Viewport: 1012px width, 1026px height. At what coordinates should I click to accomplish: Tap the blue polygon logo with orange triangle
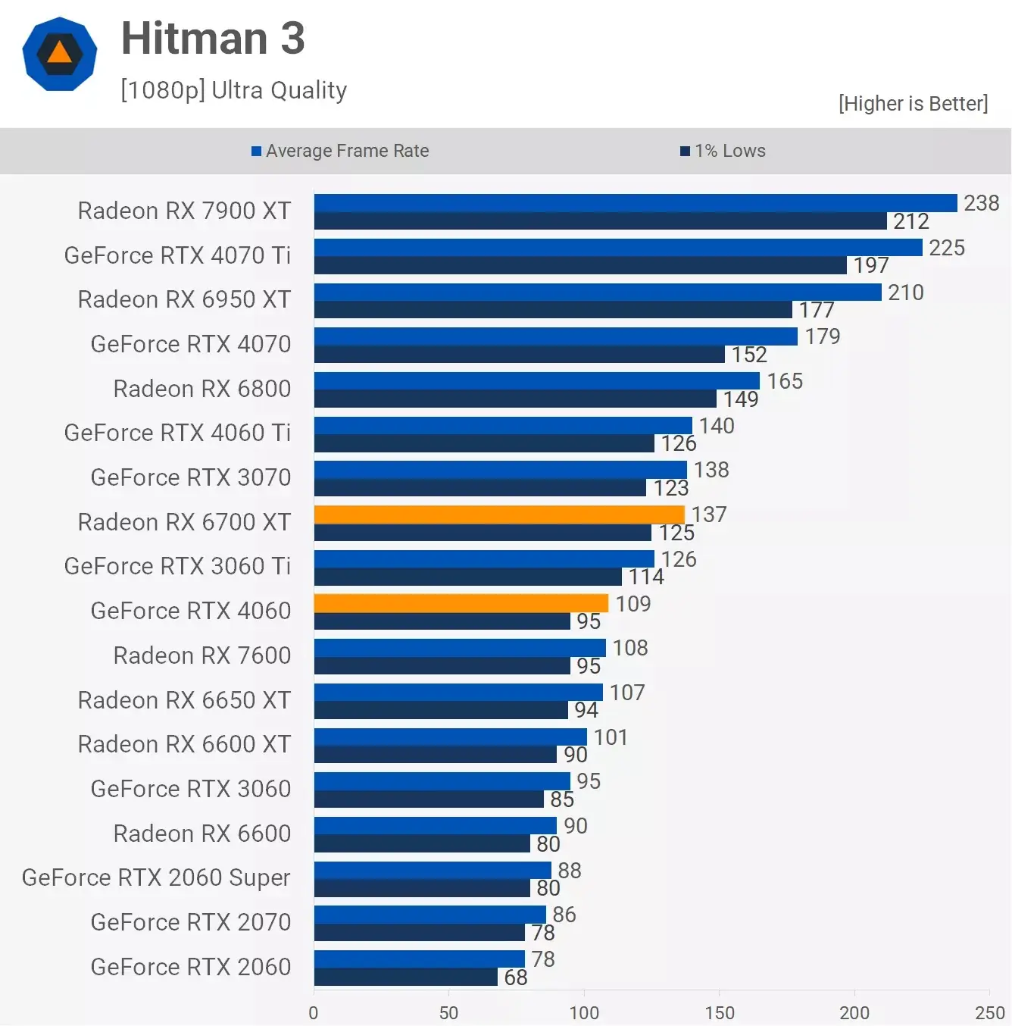coord(60,54)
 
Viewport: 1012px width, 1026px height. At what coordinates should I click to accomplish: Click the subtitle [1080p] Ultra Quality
coord(233,90)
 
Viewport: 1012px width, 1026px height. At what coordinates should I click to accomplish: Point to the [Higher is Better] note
coord(913,103)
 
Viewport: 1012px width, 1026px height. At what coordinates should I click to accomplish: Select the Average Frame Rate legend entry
coord(340,151)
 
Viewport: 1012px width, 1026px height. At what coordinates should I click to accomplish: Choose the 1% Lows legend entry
coord(723,151)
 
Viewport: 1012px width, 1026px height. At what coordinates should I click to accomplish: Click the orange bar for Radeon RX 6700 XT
coord(499,515)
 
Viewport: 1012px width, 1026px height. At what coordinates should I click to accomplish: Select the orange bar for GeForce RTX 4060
coord(461,603)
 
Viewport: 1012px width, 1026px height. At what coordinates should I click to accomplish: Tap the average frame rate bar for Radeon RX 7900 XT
coord(636,203)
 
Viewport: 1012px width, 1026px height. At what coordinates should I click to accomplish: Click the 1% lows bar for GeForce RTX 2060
coord(406,978)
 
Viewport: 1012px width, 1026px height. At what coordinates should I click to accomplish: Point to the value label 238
coord(981,203)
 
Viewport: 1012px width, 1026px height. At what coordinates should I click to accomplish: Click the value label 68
coord(516,978)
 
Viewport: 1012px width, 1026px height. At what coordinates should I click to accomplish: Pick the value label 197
coord(871,265)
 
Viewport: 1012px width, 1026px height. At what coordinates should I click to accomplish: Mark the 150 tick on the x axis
coord(719,1012)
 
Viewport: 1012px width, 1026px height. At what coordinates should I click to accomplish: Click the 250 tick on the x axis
coord(989,1012)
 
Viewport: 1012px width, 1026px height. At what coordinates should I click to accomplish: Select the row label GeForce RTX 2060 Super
coord(156,877)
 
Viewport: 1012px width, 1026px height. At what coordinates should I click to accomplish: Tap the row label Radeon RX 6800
coord(202,389)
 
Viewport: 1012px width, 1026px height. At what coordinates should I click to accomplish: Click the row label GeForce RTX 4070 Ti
coord(177,255)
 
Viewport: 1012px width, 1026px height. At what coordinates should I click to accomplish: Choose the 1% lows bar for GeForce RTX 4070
coord(520,355)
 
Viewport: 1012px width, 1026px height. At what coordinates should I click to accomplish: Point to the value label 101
coord(611,737)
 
